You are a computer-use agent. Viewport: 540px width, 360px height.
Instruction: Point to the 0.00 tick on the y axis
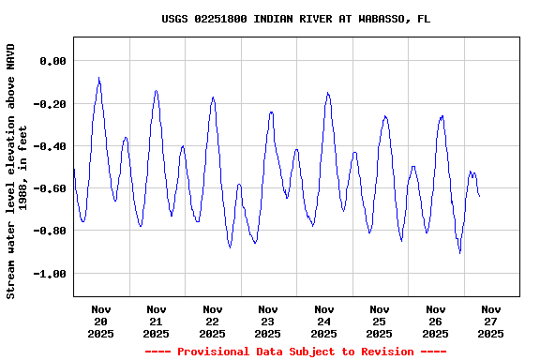(x=52, y=61)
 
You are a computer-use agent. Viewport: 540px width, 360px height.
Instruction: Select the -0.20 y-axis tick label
(x=50, y=104)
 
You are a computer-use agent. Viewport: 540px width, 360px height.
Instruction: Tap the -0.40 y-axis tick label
(x=50, y=146)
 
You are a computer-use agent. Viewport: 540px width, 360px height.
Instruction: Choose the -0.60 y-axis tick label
(x=50, y=188)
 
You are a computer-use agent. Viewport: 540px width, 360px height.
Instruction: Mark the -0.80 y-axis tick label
(x=50, y=231)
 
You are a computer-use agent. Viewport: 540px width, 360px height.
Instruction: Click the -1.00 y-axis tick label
(x=50, y=274)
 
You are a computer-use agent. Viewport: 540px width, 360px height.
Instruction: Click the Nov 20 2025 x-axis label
(x=100, y=321)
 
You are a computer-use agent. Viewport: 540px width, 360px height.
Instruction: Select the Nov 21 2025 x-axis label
(x=157, y=321)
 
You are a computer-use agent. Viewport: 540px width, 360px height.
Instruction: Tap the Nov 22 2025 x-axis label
(x=212, y=321)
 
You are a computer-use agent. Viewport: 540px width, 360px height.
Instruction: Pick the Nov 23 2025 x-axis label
(x=268, y=321)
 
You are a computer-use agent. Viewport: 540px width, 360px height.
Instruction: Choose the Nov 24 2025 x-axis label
(x=323, y=321)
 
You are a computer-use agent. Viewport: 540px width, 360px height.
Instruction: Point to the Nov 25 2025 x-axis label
(x=380, y=321)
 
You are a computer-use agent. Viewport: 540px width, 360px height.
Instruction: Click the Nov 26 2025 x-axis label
(x=435, y=321)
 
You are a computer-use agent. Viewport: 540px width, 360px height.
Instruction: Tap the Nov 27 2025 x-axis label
(x=491, y=321)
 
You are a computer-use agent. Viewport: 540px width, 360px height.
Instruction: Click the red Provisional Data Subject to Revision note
(x=295, y=352)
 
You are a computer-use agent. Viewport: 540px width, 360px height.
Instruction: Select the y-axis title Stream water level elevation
(x=17, y=171)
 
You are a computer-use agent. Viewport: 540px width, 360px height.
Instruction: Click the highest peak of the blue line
(x=98, y=79)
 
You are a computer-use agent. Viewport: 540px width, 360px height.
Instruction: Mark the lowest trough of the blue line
(x=459, y=252)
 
